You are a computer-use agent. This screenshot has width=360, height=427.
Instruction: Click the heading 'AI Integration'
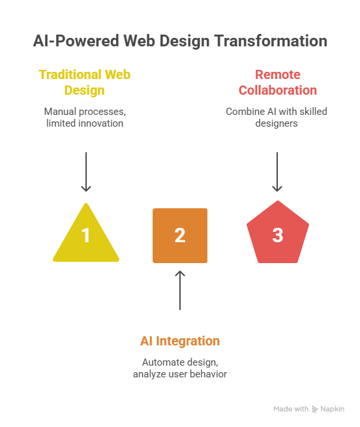pyautogui.click(x=180, y=341)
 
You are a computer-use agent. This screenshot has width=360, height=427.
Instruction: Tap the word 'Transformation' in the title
pyautogui.click(x=273, y=41)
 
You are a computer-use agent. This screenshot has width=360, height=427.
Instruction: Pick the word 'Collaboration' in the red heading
pyautogui.click(x=277, y=90)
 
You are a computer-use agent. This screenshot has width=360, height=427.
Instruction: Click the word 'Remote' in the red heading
pyautogui.click(x=277, y=74)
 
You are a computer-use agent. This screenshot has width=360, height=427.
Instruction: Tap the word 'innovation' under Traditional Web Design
pyautogui.click(x=101, y=123)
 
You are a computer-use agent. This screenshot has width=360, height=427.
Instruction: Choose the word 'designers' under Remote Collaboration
pyautogui.click(x=277, y=123)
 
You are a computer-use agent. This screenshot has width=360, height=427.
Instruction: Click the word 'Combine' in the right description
pyautogui.click(x=243, y=112)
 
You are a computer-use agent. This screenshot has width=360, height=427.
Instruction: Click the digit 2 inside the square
pyautogui.click(x=180, y=235)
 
